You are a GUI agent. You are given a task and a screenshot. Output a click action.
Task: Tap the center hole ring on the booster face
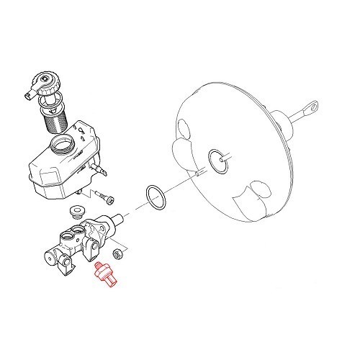click(215, 161)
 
